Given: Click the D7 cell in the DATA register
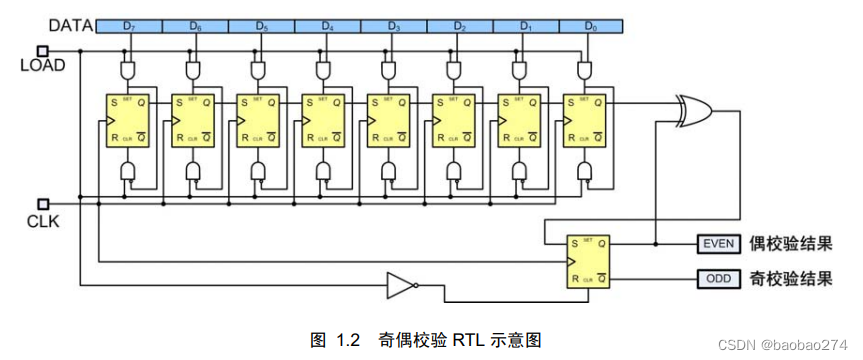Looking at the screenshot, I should coord(131,24).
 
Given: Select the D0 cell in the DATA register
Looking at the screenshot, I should coord(588,24).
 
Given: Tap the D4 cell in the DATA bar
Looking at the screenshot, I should coord(327,24).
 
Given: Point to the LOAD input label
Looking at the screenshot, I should coord(42,66).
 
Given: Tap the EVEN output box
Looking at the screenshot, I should coord(717,244).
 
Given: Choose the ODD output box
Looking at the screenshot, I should coord(717,278).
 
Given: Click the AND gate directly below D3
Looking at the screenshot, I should coord(390,69).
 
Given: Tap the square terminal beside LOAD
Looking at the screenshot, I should coord(42,49).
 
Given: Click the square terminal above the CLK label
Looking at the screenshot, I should coord(42,202).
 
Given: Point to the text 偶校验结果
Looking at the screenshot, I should coord(790,244).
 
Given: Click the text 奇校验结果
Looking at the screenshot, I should coord(790,278).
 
